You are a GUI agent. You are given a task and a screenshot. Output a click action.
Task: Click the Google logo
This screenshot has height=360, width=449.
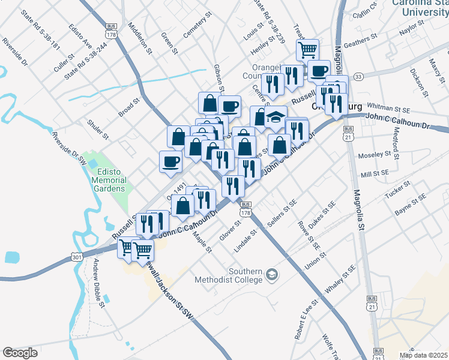coord(20,353)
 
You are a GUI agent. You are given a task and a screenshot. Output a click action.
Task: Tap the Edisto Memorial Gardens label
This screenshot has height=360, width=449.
coord(109,180)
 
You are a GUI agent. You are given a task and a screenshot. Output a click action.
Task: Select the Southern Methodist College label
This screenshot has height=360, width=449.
coord(229,274)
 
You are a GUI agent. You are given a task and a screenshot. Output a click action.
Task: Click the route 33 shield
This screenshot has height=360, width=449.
coord(358,77)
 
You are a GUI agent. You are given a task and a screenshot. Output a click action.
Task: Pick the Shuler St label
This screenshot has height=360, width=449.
coord(98,128)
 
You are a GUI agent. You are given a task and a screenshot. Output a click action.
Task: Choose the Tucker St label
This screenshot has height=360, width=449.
coord(397,190)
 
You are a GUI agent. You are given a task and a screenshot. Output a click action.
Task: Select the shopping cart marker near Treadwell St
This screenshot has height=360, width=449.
coord(307,49)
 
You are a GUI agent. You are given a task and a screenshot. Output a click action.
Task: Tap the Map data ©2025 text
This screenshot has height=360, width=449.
coord(423,355)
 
